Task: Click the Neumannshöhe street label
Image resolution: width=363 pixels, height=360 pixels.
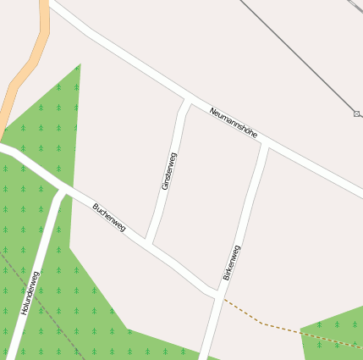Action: coord(233,121)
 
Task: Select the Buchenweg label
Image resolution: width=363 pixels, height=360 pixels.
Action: coord(109,218)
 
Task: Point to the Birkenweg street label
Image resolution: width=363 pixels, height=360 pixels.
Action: coord(231,263)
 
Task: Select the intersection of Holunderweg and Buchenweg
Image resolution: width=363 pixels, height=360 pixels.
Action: coord(62,191)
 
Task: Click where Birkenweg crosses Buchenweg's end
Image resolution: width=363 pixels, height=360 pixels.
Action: coord(218,296)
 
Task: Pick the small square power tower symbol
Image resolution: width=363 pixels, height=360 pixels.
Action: coord(357,113)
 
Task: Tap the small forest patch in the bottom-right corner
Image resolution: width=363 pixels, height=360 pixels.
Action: coord(334,339)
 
